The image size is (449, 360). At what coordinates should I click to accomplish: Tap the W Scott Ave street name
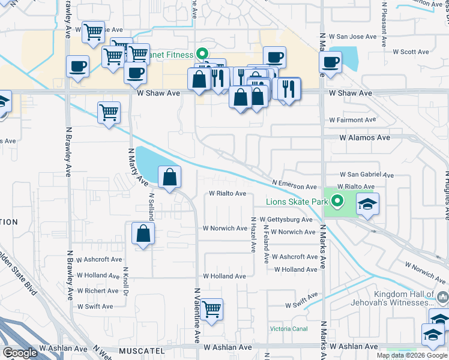pos(411,52)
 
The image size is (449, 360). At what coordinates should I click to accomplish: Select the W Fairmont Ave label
pos(352,120)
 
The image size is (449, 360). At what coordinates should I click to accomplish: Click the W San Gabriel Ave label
pos(367,175)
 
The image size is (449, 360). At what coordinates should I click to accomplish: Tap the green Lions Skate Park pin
pos(337,202)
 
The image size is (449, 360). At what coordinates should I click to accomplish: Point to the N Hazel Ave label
pos(253,235)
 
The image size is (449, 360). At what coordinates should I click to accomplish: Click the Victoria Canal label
pos(289,329)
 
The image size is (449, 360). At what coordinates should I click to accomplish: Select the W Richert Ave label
pos(97,291)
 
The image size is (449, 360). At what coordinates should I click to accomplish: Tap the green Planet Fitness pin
pos(202,53)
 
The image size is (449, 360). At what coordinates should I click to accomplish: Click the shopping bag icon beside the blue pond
pos(170,177)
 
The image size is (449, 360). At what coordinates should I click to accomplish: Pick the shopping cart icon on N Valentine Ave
pos(212,310)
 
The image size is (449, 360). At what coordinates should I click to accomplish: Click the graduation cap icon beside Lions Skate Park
pos(367,204)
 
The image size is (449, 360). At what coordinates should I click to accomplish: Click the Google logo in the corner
pos(20,353)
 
